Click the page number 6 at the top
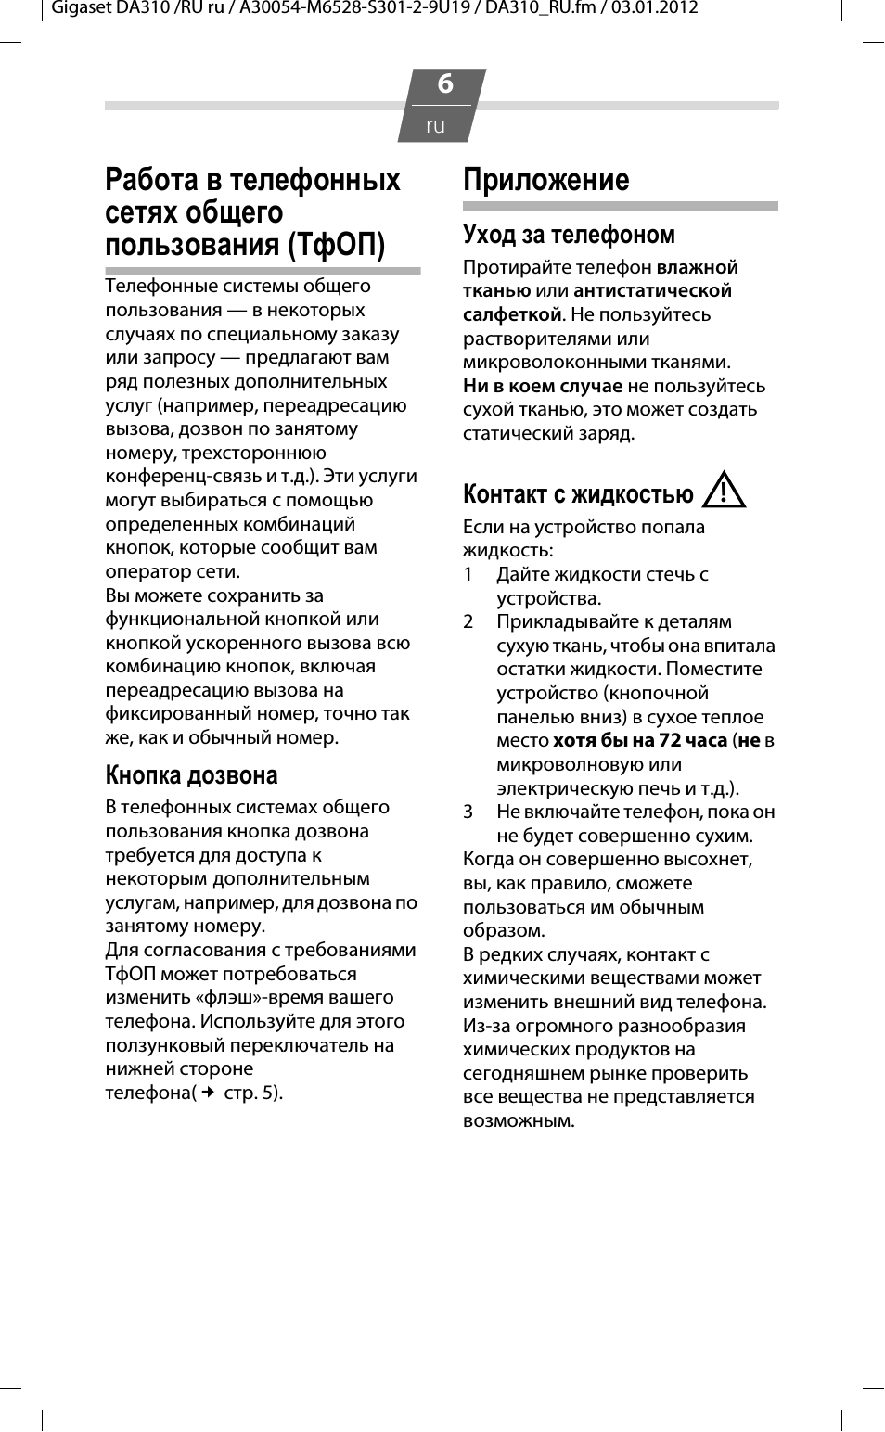tap(444, 84)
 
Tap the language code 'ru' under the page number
tap(435, 125)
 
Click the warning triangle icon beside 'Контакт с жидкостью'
tap(724, 490)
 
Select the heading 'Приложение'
tap(545, 179)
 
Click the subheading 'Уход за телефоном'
tap(569, 234)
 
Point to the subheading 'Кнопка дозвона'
tap(191, 774)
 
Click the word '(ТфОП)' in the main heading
tap(336, 245)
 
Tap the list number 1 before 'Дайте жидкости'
tap(468, 574)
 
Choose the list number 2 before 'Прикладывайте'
tap(468, 621)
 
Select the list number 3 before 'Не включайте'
tap(468, 812)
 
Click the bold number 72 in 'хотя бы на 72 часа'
tap(670, 740)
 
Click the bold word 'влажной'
tap(697, 267)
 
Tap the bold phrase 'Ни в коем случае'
tap(542, 386)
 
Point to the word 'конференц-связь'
tap(184, 476)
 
